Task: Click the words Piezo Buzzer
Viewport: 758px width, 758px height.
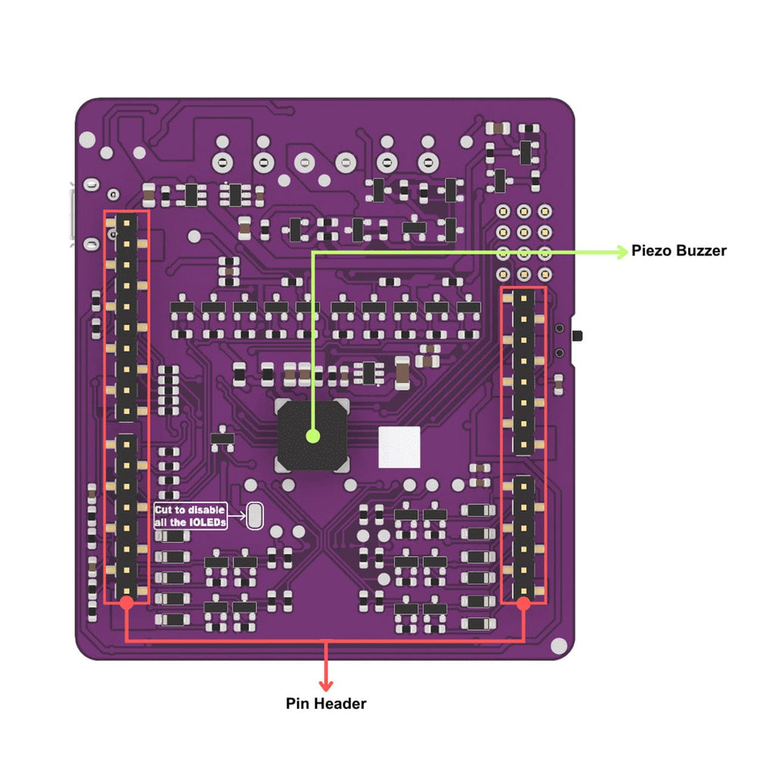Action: coord(679,251)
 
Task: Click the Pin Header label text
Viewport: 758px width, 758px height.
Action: coord(326,703)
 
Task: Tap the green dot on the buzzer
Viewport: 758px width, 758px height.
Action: coord(312,436)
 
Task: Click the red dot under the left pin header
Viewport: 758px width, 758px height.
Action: coord(127,603)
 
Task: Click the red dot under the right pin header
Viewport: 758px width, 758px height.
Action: coord(523,603)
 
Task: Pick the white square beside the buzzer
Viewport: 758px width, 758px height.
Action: coord(399,447)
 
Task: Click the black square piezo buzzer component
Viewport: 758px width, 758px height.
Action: coord(312,435)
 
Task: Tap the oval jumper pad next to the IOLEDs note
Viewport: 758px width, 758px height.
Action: coord(254,516)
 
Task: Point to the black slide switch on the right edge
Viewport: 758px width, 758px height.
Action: coord(580,335)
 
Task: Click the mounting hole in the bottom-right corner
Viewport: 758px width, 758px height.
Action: coord(559,645)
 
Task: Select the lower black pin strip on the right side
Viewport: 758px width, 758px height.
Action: coord(524,535)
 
